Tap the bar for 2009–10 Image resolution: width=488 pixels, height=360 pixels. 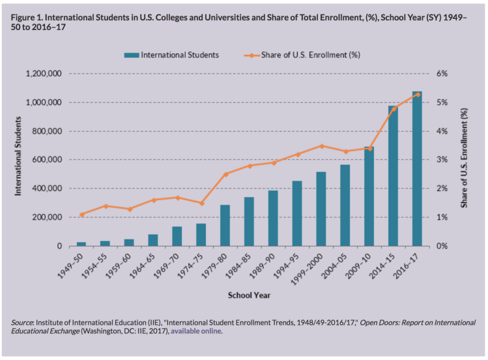pyautogui.click(x=369, y=196)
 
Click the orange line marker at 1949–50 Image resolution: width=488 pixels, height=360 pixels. pyautogui.click(x=81, y=215)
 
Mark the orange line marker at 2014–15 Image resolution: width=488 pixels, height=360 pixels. pyautogui.click(x=394, y=108)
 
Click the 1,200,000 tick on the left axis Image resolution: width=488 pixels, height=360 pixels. pyautogui.click(x=44, y=74)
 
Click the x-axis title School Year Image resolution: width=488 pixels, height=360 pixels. pyautogui.click(x=249, y=295)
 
